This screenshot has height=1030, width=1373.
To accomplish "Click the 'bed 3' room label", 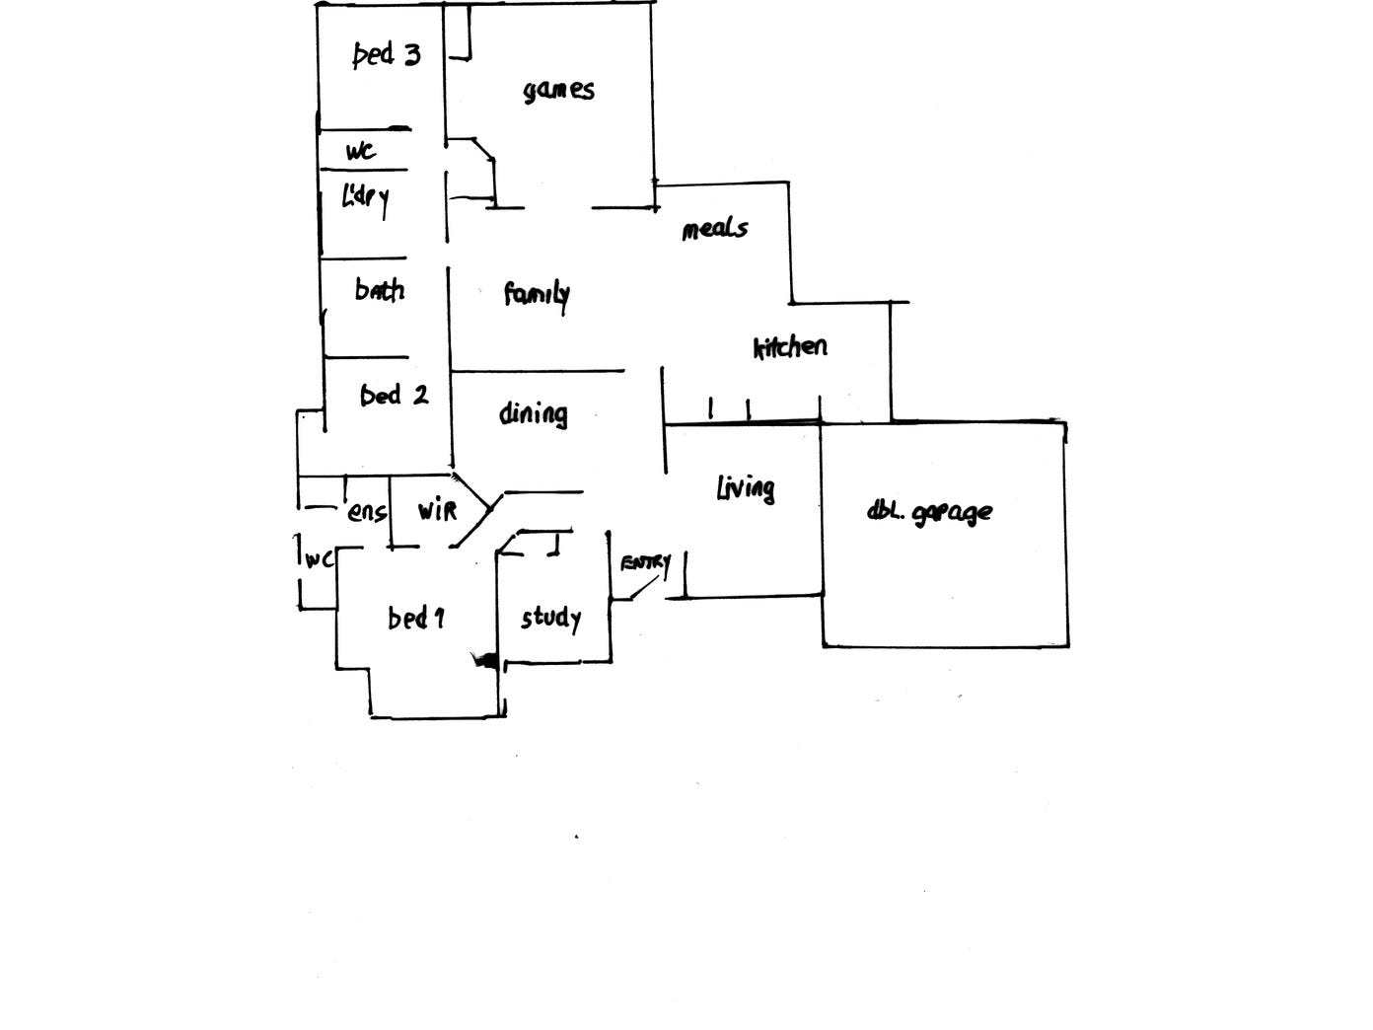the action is (387, 54).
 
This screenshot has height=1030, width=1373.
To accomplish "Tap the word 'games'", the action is (558, 91).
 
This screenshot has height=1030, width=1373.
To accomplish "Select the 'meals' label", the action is (715, 229).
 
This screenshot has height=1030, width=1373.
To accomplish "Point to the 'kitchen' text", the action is (790, 347).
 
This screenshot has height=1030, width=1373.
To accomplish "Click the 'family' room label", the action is (537, 294).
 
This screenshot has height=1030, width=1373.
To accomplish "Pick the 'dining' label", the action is (533, 413).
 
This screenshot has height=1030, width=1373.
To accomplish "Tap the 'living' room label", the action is (745, 487).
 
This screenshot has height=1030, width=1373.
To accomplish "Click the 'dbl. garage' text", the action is (929, 512).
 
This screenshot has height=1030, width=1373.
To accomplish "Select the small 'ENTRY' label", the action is (644, 563).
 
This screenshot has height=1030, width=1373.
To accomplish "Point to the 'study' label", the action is (550, 619).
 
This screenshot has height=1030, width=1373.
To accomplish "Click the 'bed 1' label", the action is (415, 619).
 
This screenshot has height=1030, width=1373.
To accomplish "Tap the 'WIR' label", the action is (437, 511).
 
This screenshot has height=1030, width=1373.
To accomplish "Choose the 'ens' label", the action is (366, 512).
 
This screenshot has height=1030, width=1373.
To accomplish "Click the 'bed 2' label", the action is (394, 396).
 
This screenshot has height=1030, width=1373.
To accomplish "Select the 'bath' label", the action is (380, 290).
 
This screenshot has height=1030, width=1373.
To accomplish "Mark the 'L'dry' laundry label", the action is (365, 199).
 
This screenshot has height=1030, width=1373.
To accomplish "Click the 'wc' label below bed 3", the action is (360, 152).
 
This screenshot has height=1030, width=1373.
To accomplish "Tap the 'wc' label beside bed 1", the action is (318, 559).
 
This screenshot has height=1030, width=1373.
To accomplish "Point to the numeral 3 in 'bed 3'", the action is (411, 54).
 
